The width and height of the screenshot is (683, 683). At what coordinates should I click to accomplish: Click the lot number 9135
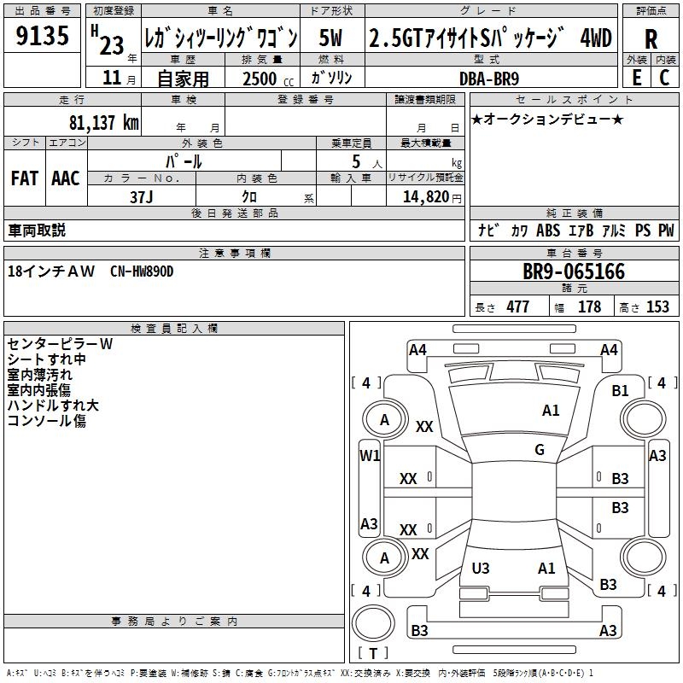click(x=43, y=38)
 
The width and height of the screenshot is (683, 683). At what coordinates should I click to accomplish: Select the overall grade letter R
click(x=651, y=39)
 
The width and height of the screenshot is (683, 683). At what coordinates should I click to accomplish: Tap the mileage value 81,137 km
click(x=103, y=123)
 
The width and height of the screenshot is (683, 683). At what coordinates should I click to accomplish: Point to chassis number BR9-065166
click(x=573, y=272)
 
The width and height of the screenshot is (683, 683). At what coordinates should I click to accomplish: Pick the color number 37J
click(x=141, y=196)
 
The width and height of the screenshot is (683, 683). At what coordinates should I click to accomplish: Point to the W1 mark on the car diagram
click(x=370, y=456)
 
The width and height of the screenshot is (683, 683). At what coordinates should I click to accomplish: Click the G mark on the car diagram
click(x=540, y=450)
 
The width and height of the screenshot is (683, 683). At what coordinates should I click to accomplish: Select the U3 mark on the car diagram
click(x=481, y=568)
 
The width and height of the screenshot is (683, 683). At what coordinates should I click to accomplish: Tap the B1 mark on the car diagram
click(x=620, y=391)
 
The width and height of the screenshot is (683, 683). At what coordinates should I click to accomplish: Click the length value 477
click(x=517, y=307)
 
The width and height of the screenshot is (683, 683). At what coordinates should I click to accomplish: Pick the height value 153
click(x=657, y=307)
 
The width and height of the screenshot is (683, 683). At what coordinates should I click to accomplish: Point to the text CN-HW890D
click(x=142, y=271)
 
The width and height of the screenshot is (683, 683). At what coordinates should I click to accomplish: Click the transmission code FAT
click(x=24, y=178)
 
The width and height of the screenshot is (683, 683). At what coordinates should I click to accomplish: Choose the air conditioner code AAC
click(x=66, y=178)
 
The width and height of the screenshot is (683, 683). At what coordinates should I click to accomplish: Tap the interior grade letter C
click(x=664, y=78)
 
